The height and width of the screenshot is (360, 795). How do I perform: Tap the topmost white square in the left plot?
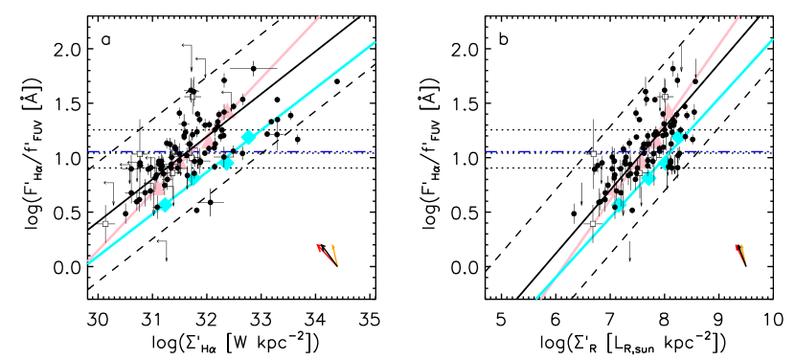(x=193, y=97)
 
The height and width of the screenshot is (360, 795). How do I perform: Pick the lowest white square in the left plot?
(x=105, y=223)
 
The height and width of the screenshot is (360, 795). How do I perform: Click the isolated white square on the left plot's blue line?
(x=140, y=153)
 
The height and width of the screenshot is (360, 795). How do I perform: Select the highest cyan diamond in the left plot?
(x=249, y=137)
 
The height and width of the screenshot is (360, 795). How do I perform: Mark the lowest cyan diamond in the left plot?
(x=165, y=204)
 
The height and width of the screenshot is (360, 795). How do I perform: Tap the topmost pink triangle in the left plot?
(x=228, y=111)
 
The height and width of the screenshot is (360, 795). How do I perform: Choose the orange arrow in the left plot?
(x=334, y=255)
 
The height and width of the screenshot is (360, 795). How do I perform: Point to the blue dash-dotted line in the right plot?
(x=728, y=151)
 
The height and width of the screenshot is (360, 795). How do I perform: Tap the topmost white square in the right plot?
(x=666, y=97)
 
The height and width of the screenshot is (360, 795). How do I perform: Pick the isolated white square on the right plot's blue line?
(x=593, y=153)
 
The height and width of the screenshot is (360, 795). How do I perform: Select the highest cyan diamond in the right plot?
(x=677, y=138)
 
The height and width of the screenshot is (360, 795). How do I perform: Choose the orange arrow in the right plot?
(x=743, y=255)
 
